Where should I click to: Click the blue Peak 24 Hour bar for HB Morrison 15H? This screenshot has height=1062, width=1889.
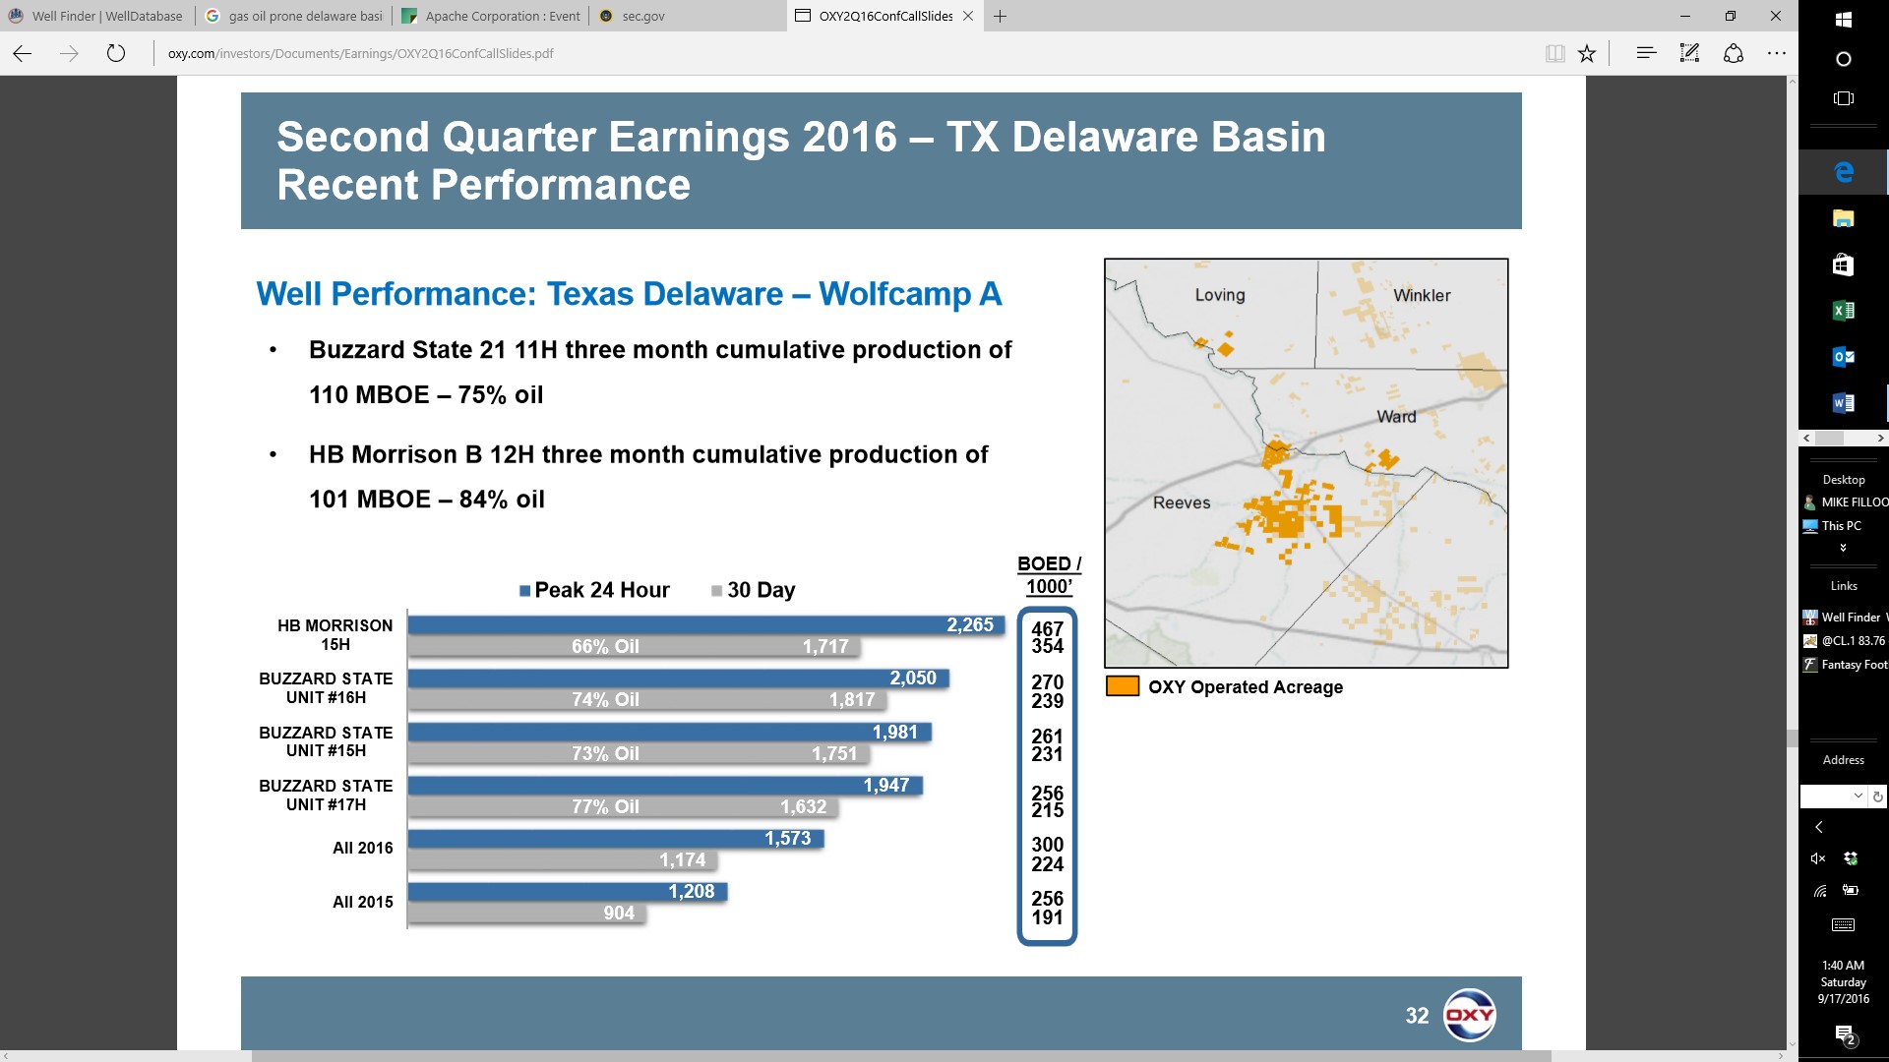click(705, 624)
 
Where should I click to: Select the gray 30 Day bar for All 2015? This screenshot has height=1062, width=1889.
click(526, 913)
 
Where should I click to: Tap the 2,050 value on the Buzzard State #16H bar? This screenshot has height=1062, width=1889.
click(913, 678)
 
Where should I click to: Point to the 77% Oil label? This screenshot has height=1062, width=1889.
click(605, 806)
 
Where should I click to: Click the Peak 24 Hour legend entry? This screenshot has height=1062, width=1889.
click(594, 590)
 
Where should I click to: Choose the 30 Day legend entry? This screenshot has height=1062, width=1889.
click(753, 590)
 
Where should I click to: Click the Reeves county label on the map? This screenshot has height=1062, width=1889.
click(1182, 502)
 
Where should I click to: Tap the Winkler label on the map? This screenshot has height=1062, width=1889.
click(1422, 295)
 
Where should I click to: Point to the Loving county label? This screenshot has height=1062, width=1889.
click(1220, 295)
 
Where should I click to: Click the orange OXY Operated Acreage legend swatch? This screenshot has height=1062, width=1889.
click(1123, 686)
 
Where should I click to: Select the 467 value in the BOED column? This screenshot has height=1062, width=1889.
click(1047, 628)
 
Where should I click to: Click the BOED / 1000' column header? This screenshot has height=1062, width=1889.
click(1049, 575)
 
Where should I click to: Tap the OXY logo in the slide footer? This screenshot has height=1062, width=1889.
click(1469, 1015)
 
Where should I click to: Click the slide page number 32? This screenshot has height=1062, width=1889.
click(1417, 1016)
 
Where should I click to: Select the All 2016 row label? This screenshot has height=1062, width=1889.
click(362, 848)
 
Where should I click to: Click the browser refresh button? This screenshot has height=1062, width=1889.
click(116, 53)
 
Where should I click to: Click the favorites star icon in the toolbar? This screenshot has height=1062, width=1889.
click(1586, 53)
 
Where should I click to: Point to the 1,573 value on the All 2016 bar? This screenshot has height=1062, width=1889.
click(788, 838)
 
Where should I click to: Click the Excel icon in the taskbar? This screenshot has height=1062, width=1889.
click(1844, 310)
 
